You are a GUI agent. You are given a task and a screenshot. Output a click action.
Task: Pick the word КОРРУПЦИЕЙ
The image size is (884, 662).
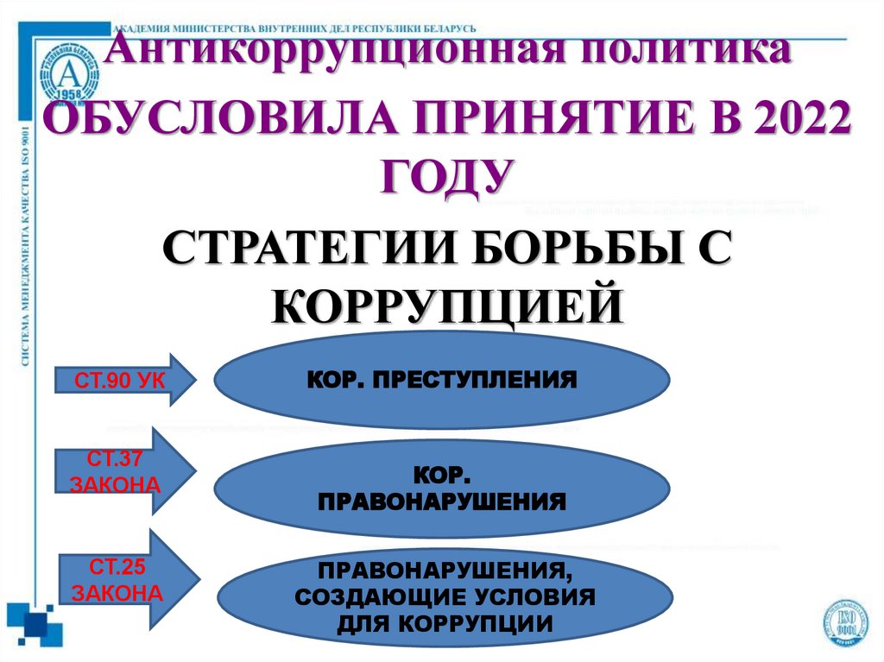(x=447, y=306)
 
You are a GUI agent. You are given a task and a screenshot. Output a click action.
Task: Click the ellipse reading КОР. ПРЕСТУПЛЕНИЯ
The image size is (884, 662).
(x=442, y=380)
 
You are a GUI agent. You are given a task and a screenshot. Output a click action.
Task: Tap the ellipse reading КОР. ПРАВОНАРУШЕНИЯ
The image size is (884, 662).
(x=442, y=488)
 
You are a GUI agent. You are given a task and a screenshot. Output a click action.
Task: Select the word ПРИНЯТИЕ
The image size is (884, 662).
(x=517, y=118)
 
